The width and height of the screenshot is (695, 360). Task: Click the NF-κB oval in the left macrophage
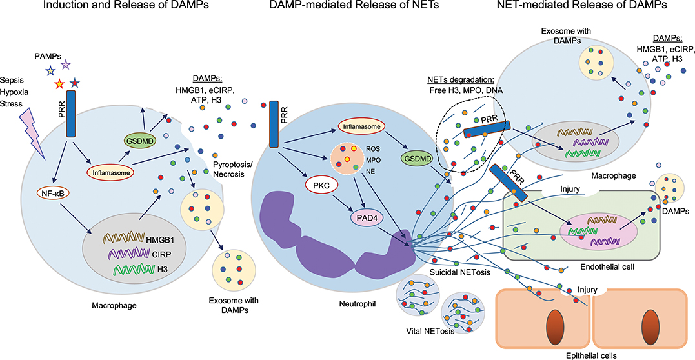pyautogui.click(x=54, y=192)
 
